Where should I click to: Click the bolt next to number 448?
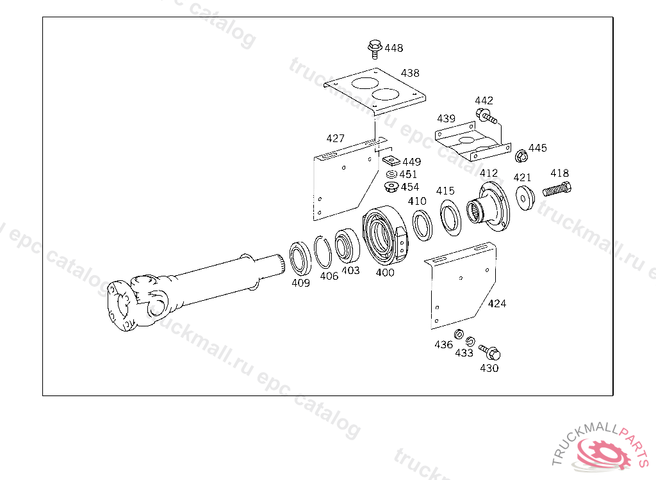coord(375,49)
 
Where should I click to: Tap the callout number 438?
coord(410,73)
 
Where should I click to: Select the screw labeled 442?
coord(486,116)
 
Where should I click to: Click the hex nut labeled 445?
coord(521,156)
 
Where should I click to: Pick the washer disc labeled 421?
coord(525,198)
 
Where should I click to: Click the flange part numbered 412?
coord(488,206)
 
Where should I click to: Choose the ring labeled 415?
coord(450,218)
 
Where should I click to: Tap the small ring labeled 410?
coord(423,225)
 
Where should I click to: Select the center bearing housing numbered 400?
coord(384,236)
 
